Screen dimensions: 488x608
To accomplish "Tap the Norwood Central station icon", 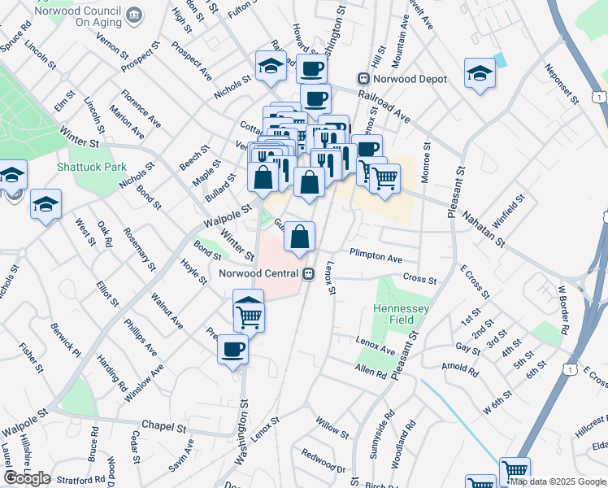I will (x=308, y=273).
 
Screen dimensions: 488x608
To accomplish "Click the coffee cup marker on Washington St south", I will (x=233, y=350).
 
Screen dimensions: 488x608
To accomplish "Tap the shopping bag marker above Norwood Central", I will (x=300, y=237).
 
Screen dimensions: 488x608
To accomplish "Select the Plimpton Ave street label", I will (x=376, y=258).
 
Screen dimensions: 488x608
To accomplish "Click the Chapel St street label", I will (x=164, y=425).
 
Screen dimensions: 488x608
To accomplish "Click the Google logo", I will (x=28, y=478).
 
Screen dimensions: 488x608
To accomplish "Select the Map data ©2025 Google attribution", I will (x=558, y=481).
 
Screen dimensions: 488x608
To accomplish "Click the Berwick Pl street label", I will (x=66, y=341).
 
